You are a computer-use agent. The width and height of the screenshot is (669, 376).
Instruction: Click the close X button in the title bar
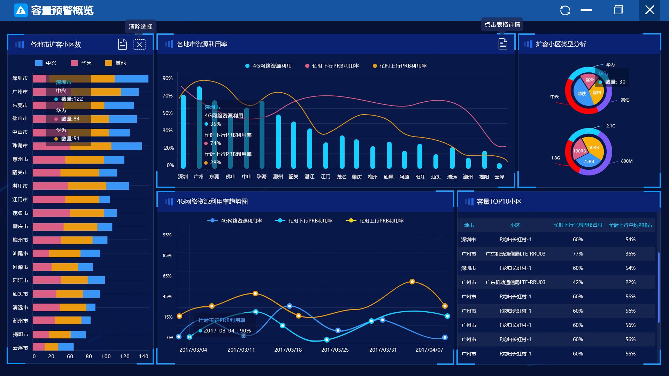(x=649, y=10)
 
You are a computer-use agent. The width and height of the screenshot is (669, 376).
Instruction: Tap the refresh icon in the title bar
(x=565, y=10)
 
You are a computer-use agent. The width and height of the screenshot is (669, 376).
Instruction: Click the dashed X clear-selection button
(x=139, y=45)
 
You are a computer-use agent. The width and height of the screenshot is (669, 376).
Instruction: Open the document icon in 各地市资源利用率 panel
(x=502, y=44)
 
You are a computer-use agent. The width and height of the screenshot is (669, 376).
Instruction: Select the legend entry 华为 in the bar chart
(x=82, y=63)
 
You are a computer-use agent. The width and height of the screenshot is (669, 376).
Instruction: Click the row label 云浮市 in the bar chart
(x=20, y=348)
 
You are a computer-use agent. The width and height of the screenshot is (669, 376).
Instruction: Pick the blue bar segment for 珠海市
(x=126, y=146)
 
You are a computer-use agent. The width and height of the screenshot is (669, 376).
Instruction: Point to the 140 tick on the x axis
(x=143, y=357)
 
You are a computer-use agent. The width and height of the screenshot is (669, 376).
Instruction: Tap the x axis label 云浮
(x=499, y=177)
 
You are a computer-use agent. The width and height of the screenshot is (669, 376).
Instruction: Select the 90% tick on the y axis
(x=168, y=78)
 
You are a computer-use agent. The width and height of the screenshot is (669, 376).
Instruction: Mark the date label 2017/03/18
(x=288, y=350)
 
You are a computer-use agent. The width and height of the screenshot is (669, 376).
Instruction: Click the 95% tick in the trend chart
(x=167, y=235)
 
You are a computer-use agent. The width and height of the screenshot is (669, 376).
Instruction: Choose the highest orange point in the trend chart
(x=412, y=282)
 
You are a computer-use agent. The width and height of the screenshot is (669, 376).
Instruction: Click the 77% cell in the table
(x=578, y=254)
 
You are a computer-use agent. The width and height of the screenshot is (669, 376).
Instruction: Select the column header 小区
(x=515, y=225)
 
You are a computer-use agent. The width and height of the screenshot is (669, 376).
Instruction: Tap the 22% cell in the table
(x=630, y=282)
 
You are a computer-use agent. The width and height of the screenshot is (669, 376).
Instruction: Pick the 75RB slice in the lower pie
(x=589, y=161)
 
